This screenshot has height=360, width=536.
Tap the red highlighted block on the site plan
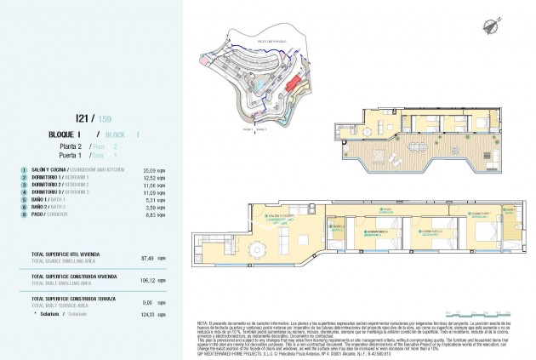[293, 84]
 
